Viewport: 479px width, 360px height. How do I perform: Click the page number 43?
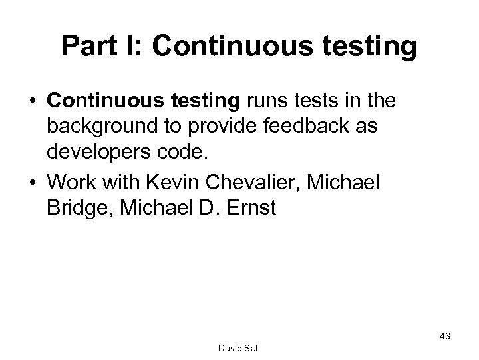[444, 337]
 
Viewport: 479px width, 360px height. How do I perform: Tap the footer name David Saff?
[239, 347]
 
